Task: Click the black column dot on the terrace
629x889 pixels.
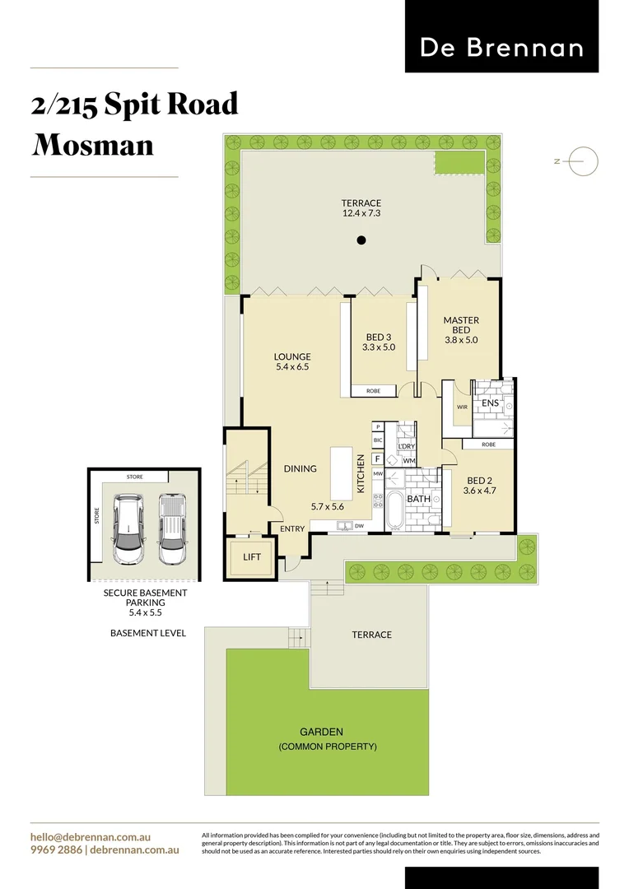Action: pos(361,240)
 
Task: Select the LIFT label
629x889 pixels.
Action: pos(252,557)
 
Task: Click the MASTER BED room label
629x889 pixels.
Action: pos(461,321)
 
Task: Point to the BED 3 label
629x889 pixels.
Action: pos(379,337)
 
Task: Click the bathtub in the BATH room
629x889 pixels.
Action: pos(394,511)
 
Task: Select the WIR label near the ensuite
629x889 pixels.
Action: pos(462,407)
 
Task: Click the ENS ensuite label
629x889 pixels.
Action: pos(491,403)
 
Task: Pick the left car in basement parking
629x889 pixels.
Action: pos(128,529)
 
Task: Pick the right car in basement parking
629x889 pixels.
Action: pos(171,529)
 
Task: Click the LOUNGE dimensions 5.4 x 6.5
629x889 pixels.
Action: pos(292,367)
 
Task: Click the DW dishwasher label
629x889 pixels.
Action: pos(359,525)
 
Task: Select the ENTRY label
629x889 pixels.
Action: pos(292,528)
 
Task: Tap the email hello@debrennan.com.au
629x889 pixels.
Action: pos(90,837)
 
